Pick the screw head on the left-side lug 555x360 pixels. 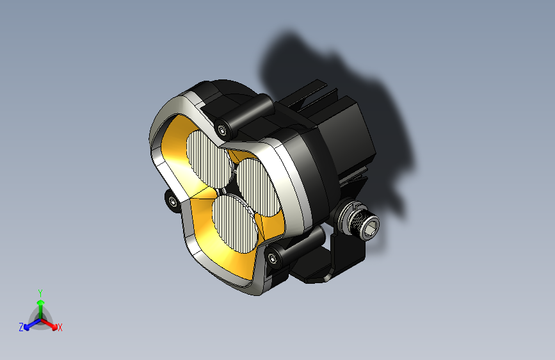[x=173, y=202]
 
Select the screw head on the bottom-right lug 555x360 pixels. [x=275, y=258]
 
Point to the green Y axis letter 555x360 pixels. [x=40, y=292]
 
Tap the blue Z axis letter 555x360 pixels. [x=21, y=327]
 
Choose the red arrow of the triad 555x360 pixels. [x=51, y=324]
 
